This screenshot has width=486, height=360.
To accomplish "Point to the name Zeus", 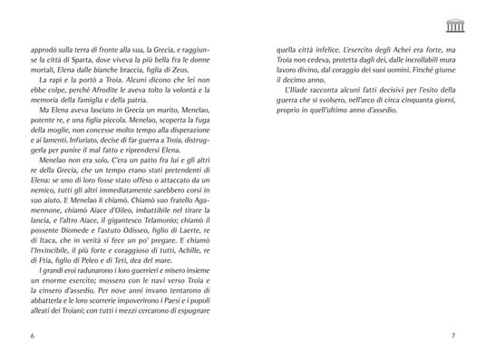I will pos(209,79).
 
